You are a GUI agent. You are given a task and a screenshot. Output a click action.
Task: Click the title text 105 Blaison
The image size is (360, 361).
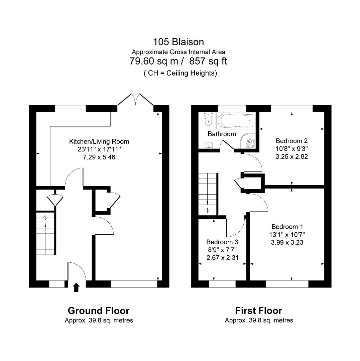click(x=178, y=42)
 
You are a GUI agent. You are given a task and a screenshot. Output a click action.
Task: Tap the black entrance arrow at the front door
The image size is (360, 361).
click(x=76, y=287)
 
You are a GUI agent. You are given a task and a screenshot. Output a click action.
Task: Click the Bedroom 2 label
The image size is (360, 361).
click(x=292, y=141)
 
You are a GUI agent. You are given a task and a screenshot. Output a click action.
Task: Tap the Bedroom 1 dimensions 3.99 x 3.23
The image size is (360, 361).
click(x=287, y=242)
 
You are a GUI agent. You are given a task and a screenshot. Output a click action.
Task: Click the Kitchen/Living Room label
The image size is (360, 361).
click(x=99, y=141)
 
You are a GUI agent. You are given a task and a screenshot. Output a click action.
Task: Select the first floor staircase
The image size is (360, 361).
click(x=208, y=194)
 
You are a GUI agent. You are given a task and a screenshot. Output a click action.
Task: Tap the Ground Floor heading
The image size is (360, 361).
click(x=99, y=311)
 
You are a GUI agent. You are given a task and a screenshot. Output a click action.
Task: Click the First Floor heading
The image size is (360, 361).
click(x=258, y=311)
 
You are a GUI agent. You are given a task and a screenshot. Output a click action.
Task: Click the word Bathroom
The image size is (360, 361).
click(x=222, y=134)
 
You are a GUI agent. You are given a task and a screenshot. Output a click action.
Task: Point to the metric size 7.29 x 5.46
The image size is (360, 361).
click(x=99, y=157)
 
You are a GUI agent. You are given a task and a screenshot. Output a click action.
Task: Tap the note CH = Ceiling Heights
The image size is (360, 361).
click(x=180, y=73)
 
